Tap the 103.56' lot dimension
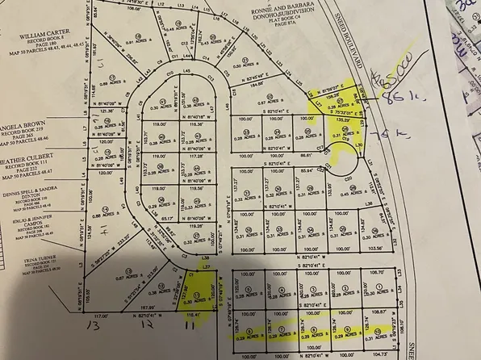pyautogui.click(x=373, y=249)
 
